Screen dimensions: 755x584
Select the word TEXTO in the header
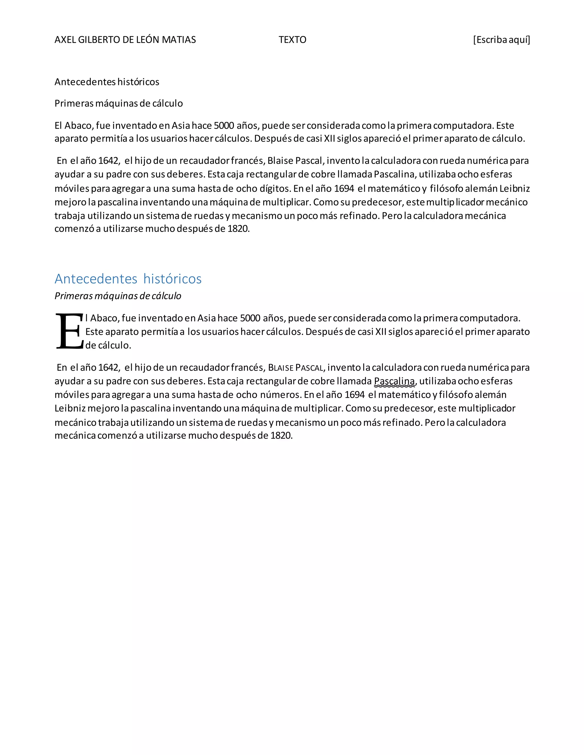292,40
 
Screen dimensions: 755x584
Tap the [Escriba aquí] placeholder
501,40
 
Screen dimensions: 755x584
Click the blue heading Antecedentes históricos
128,279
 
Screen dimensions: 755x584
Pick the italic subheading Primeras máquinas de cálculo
118,296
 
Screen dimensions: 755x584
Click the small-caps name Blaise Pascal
295,368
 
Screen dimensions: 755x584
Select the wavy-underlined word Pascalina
394,381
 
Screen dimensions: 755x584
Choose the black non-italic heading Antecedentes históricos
107,82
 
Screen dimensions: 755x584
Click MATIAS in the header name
179,40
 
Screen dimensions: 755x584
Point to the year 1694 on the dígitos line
344,189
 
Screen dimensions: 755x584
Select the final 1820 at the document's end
281,436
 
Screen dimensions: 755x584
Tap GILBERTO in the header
99,40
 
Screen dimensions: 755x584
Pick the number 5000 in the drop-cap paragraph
250,318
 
